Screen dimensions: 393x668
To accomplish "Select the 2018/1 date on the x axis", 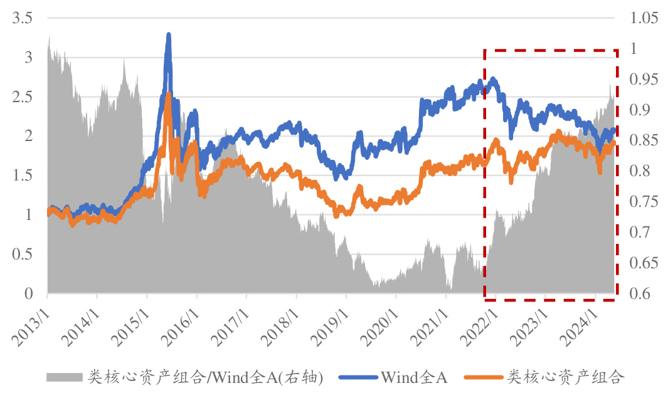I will click(x=283, y=319).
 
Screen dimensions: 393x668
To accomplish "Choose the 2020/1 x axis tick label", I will click(x=383, y=319).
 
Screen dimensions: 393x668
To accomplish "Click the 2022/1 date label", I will click(x=482, y=319).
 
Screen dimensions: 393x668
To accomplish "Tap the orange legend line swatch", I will click(x=484, y=377).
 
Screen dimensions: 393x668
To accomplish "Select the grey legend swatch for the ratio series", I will click(x=65, y=377).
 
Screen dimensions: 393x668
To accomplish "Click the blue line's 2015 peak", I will click(x=168, y=35).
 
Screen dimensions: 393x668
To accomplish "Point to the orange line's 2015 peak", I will click(x=167, y=95).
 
